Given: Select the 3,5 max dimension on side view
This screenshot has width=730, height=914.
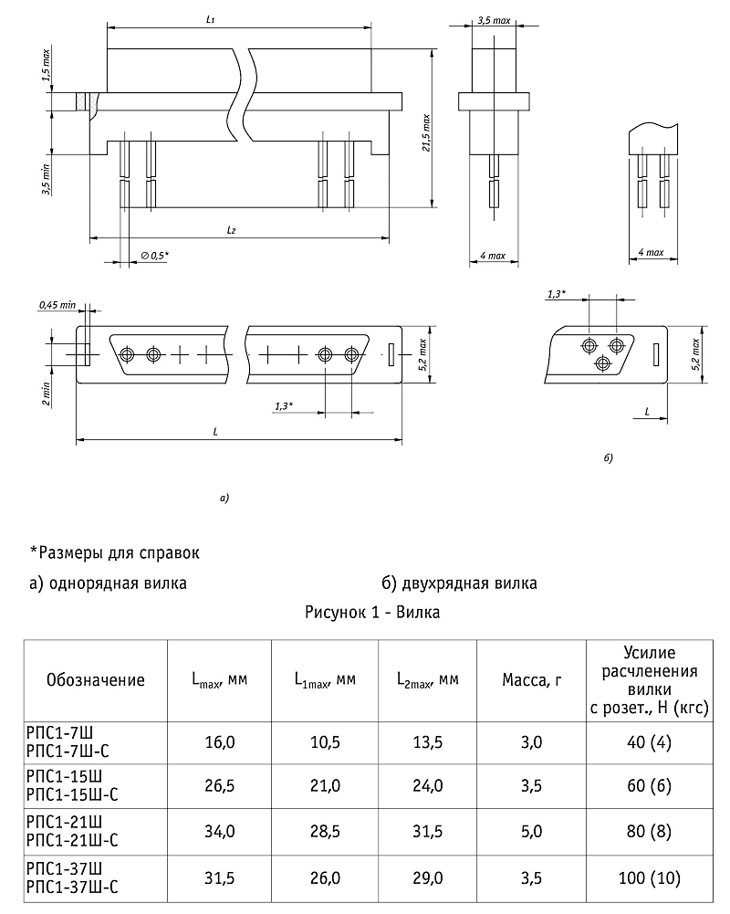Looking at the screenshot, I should pyautogui.click(x=494, y=18).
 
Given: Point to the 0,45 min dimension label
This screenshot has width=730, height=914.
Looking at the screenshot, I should pyautogui.click(x=56, y=305).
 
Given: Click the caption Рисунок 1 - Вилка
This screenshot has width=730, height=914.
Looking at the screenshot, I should pyautogui.click(x=372, y=612).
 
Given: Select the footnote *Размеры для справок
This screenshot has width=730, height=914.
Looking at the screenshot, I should pyautogui.click(x=114, y=552).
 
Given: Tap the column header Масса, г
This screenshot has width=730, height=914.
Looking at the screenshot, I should pyautogui.click(x=528, y=679).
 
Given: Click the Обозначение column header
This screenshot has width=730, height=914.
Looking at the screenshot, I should pyautogui.click(x=95, y=679).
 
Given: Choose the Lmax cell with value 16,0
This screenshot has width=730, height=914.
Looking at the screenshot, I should pyautogui.click(x=219, y=742).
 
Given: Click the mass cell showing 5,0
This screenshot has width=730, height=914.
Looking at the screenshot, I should pyautogui.click(x=528, y=832).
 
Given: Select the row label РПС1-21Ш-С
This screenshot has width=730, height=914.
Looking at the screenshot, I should pyautogui.click(x=70, y=841).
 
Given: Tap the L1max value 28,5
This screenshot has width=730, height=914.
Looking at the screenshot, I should pyautogui.click(x=325, y=832).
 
